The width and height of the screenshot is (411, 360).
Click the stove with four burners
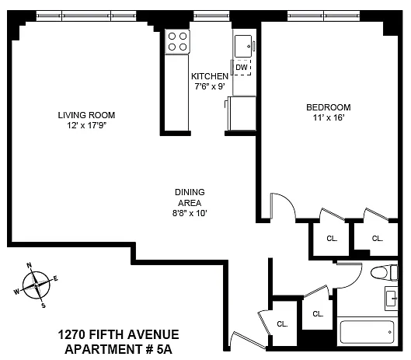[177, 42]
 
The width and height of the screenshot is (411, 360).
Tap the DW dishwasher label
[242, 68]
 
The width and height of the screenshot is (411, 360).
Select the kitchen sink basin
[243, 46]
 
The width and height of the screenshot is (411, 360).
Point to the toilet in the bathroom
[385, 273]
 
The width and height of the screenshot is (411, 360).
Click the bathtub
[367, 332]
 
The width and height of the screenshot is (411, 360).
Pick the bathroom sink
[392, 299]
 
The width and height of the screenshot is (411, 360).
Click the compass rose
[36, 285]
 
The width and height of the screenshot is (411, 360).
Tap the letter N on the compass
[30, 265]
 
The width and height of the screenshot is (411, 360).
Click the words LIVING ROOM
[86, 115]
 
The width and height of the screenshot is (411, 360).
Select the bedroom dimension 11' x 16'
[329, 117]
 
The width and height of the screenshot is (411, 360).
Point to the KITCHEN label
[210, 76]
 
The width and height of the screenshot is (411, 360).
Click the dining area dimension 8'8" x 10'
[190, 213]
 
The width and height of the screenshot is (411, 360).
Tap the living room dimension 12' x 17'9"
[86, 125]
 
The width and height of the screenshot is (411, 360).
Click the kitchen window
[211, 16]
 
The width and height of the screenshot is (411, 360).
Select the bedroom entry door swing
[283, 206]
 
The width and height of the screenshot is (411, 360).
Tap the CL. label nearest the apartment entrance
[282, 324]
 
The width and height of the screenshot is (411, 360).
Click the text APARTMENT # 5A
[118, 350]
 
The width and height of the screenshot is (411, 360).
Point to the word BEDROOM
[329, 107]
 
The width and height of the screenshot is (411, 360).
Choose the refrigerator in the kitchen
[242, 114]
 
